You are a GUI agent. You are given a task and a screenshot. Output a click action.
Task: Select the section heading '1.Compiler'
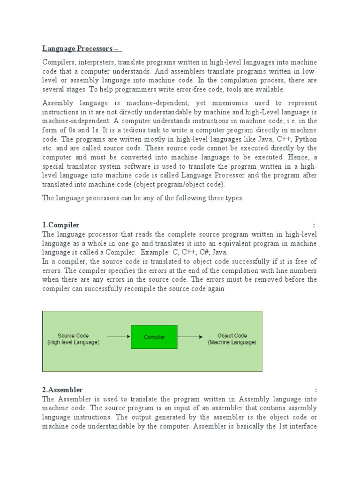tap(61, 225)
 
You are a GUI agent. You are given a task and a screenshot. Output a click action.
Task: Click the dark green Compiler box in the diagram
tap(154, 337)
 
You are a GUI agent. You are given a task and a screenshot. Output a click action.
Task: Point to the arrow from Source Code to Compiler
tap(118, 337)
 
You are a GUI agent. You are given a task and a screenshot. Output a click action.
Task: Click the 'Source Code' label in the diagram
tap(73, 336)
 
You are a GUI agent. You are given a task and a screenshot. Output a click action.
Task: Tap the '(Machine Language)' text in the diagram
tap(232, 343)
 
